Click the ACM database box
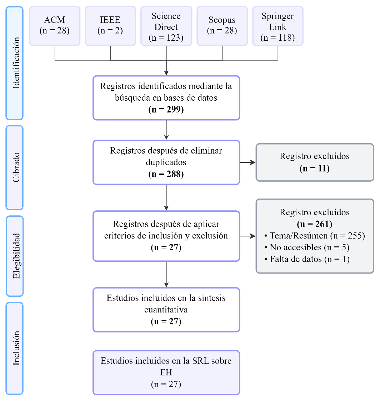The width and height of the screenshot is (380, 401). tap(55, 25)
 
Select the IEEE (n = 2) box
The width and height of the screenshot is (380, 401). tap(110, 25)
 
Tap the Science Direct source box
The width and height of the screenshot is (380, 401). tap(166, 26)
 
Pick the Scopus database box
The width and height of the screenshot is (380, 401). tap(222, 25)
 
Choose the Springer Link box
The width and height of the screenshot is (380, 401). tap(277, 26)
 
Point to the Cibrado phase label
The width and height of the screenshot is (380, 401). tap(15, 167)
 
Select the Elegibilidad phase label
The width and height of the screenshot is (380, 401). tap(15, 256)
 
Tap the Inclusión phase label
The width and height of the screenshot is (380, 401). tap(15, 348)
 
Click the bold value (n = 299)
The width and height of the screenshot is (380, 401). tap(166, 110)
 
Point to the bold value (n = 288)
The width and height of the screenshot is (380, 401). tap(166, 174)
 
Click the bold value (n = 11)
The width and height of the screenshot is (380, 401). tap(314, 168)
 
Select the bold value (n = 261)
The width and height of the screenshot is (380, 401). tap(314, 224)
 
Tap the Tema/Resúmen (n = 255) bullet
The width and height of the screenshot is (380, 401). tap(314, 236)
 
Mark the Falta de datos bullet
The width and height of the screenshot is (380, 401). tap(306, 259)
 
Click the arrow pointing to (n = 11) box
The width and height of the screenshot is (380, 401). tap(248, 162)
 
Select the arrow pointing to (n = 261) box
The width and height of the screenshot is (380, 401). tap(248, 236)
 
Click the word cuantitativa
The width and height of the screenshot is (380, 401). tap(166, 310)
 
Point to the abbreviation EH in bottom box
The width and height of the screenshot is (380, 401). tap(166, 373)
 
